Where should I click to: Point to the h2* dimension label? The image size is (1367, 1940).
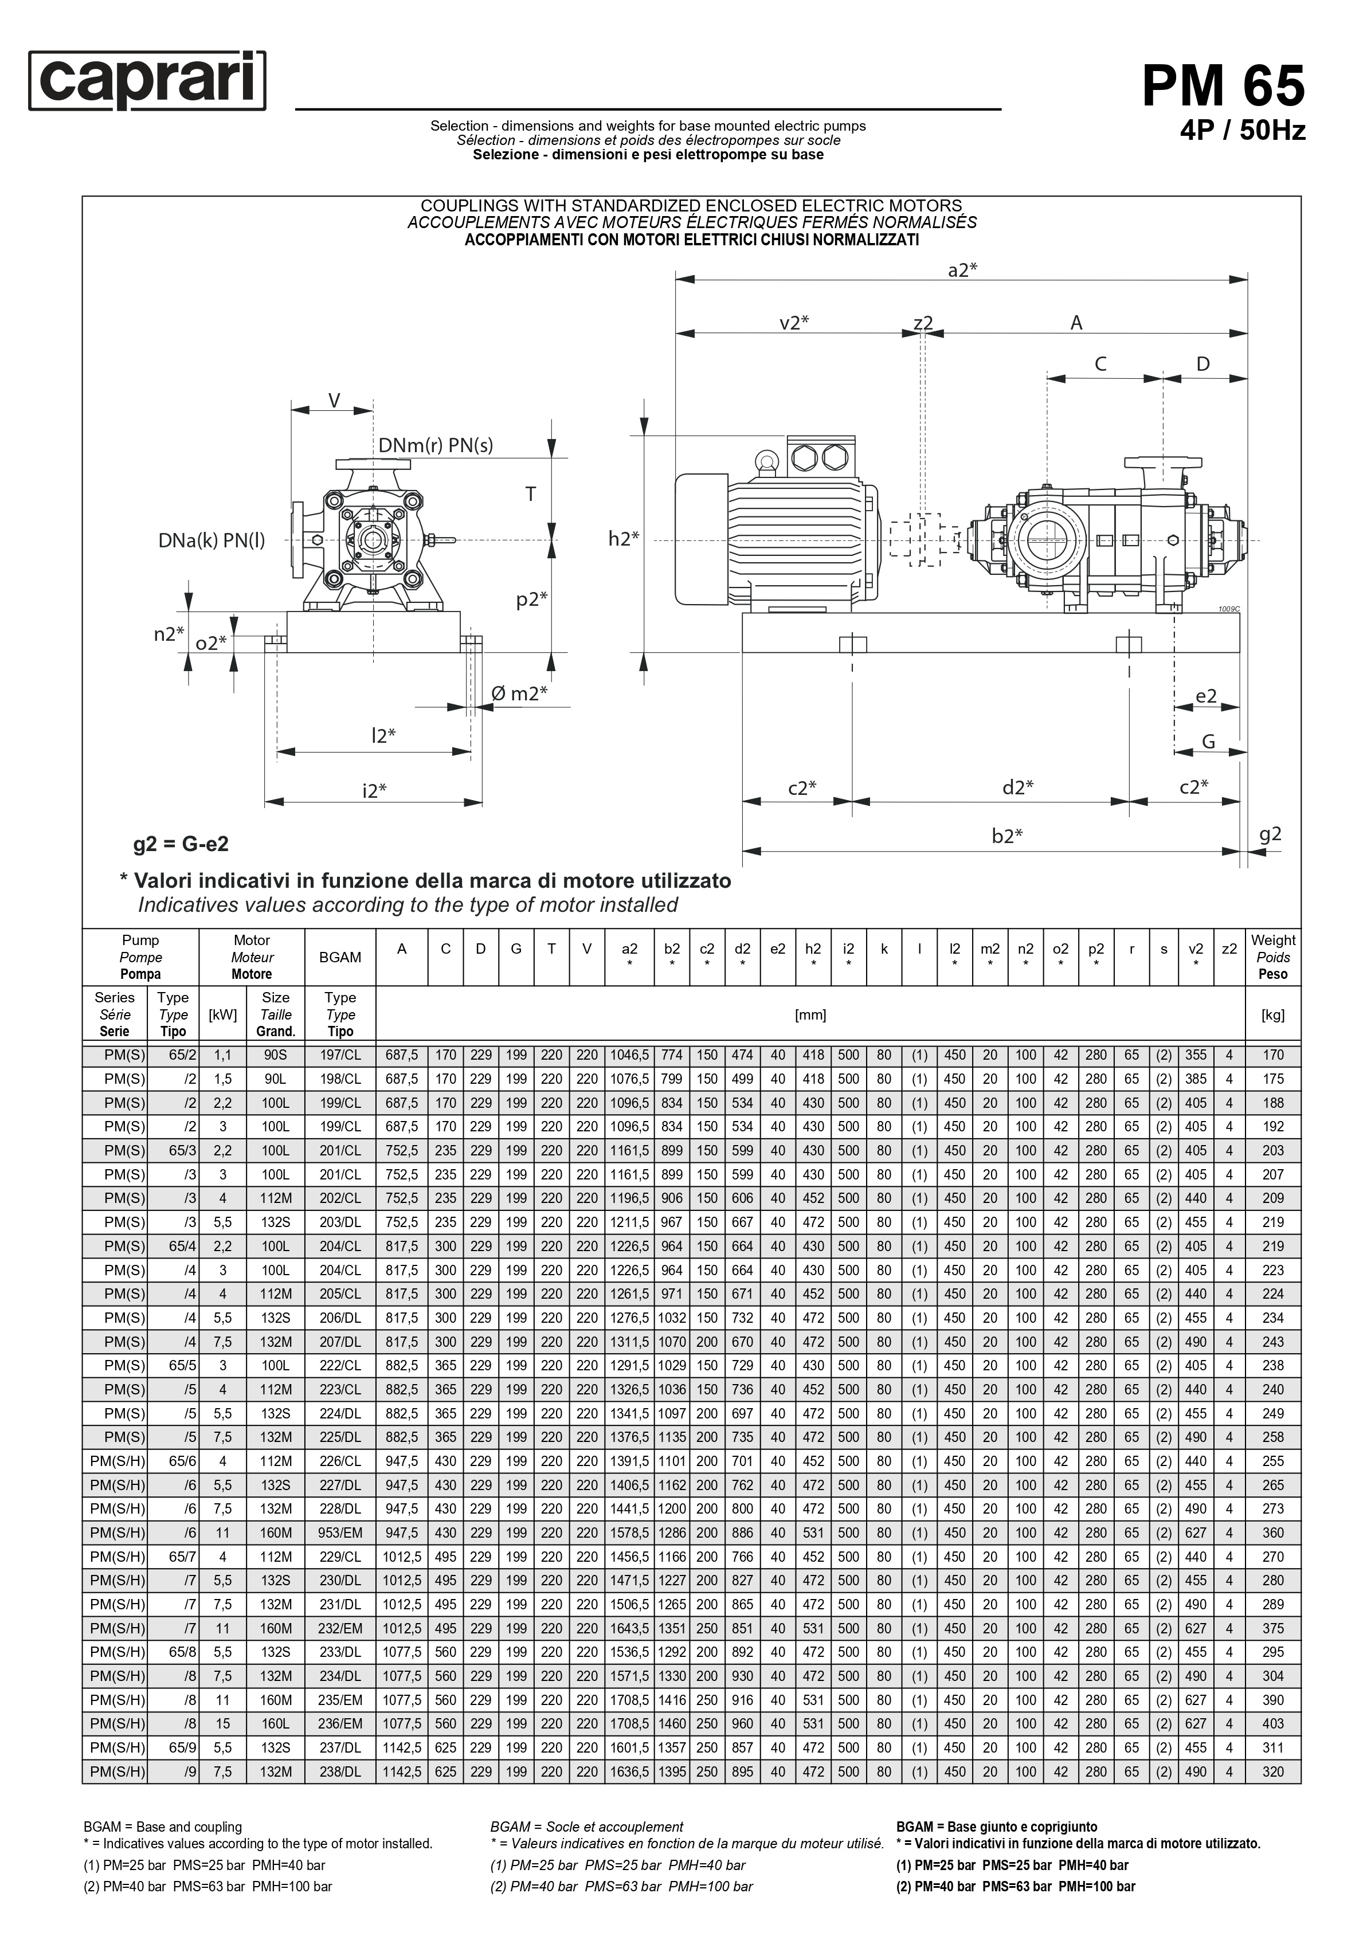click(x=624, y=539)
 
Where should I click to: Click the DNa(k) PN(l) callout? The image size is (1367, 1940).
click(x=211, y=541)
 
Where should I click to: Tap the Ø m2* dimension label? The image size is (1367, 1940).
click(x=519, y=693)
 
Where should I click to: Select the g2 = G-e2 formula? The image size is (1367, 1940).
click(x=181, y=844)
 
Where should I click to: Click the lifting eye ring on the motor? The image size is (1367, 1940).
click(x=767, y=460)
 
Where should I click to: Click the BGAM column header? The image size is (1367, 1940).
click(x=340, y=957)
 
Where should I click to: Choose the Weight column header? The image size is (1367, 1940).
click(x=1272, y=957)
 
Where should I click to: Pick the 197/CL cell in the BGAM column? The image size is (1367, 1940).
click(x=340, y=1055)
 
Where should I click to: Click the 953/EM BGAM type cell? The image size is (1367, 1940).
click(x=340, y=1533)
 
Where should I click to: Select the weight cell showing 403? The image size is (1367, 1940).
click(x=1272, y=1724)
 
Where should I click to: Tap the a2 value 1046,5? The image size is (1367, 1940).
click(x=629, y=1055)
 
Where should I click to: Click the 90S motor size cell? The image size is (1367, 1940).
click(x=276, y=1055)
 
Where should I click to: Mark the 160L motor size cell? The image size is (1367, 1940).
click(x=276, y=1724)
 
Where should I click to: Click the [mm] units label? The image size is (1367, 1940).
click(x=810, y=1015)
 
